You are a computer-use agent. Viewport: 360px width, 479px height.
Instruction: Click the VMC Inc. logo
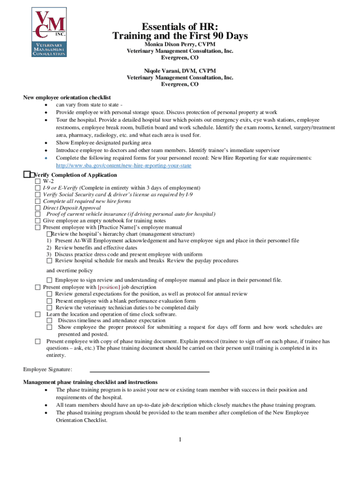[x=49, y=32]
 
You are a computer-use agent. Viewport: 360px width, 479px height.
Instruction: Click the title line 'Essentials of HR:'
[x=180, y=27]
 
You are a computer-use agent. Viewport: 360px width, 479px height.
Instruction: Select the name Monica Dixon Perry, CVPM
[x=180, y=44]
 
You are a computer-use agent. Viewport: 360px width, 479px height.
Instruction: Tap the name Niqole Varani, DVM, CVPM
[x=180, y=71]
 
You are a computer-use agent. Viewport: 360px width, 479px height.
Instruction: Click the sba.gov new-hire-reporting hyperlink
[x=123, y=166]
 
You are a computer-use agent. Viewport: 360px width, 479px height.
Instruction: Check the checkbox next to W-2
[x=38, y=181]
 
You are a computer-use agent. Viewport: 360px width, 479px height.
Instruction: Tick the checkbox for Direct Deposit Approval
[x=38, y=207]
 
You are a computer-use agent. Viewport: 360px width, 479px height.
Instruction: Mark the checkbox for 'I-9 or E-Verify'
[x=38, y=188]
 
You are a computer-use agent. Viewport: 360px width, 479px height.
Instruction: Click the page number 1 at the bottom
[x=180, y=439]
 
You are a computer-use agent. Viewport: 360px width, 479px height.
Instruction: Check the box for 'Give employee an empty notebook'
[x=38, y=221]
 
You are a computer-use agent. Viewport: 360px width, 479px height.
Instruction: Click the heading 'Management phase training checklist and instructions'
[x=90, y=382]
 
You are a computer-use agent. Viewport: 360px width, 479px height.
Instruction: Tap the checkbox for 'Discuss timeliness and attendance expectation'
[x=50, y=321]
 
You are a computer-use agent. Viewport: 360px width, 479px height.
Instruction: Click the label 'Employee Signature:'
[x=48, y=370]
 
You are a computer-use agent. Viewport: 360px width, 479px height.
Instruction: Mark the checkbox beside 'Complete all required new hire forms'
[x=38, y=201]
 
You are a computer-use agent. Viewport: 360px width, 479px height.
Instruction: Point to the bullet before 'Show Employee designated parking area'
[x=45, y=143]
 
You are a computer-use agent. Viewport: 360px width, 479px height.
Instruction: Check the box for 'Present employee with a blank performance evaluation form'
[x=50, y=301]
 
